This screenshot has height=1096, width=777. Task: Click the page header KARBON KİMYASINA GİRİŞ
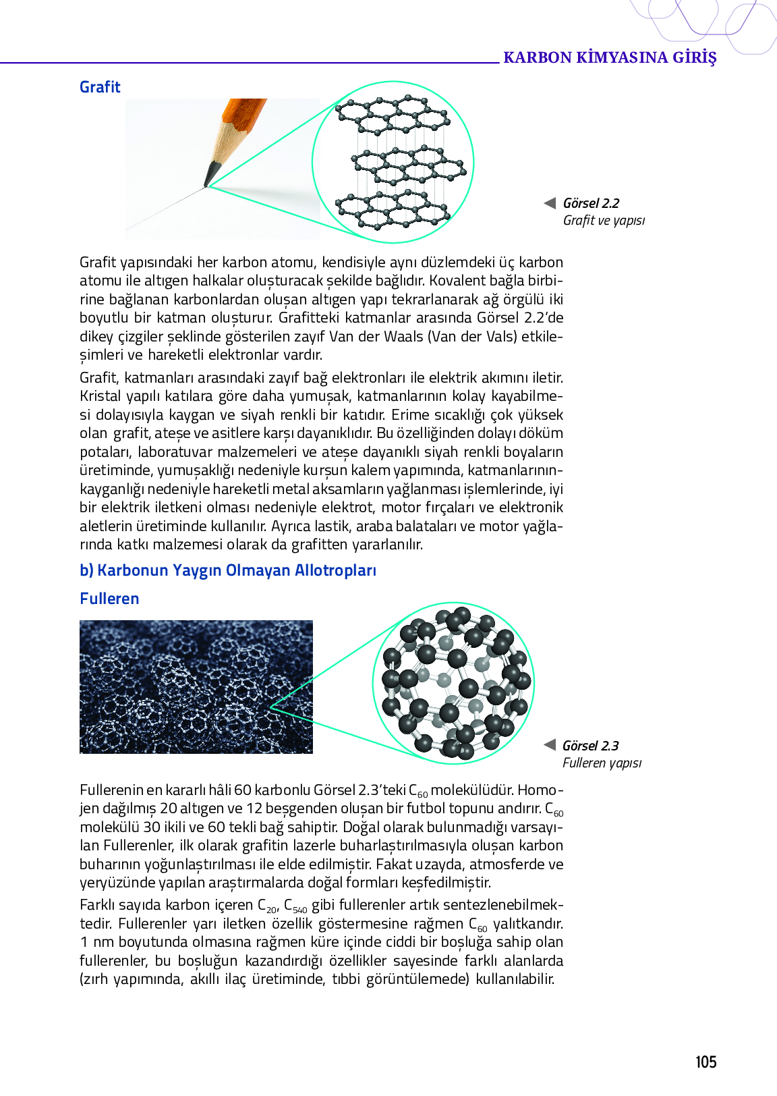click(610, 57)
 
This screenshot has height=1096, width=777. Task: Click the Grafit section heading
click(100, 87)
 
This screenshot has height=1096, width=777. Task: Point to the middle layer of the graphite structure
click(409, 165)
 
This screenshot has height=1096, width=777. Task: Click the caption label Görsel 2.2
click(591, 203)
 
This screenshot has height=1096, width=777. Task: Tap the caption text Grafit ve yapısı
click(604, 221)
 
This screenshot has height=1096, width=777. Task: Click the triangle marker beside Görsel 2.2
click(550, 203)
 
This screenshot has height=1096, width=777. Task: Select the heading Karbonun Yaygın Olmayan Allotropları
click(228, 570)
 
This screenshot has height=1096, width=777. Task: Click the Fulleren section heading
click(109, 599)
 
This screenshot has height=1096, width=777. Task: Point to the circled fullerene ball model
click(454, 683)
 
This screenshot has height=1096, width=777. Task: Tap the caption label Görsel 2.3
click(590, 746)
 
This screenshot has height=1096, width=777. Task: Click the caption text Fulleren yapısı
click(602, 763)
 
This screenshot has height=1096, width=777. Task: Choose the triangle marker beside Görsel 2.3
click(550, 745)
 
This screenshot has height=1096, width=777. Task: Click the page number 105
click(706, 1062)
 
